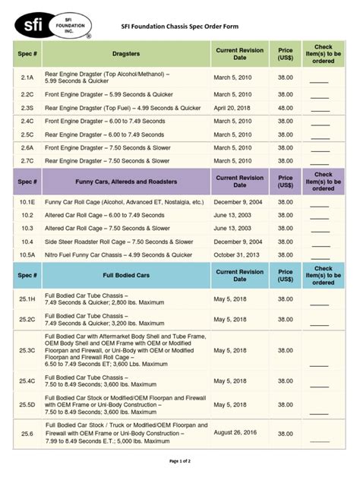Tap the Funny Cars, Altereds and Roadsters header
click(x=126, y=182)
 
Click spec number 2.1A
click(x=27, y=77)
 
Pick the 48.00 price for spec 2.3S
click(x=285, y=108)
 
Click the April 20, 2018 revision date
click(x=235, y=108)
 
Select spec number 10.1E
click(x=27, y=203)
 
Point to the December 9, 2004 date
click(x=239, y=203)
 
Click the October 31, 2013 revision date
click(x=238, y=254)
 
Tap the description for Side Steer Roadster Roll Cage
click(x=118, y=242)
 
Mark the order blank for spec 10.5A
click(x=320, y=255)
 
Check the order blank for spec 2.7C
click(x=320, y=161)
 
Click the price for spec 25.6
click(x=285, y=434)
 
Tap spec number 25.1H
click(x=27, y=299)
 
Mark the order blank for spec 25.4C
click(x=320, y=381)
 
